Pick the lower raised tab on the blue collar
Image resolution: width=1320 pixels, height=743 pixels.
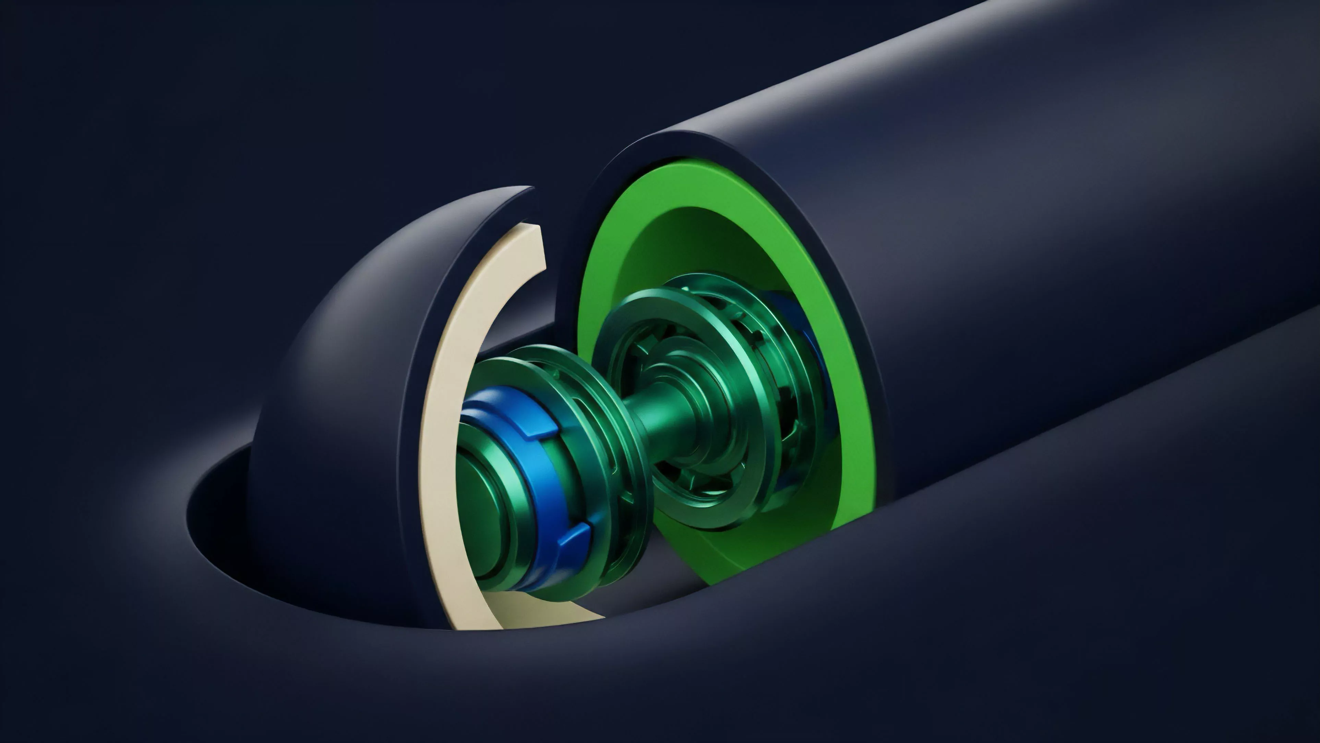(574, 541)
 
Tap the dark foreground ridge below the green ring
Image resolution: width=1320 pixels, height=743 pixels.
(871, 615)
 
